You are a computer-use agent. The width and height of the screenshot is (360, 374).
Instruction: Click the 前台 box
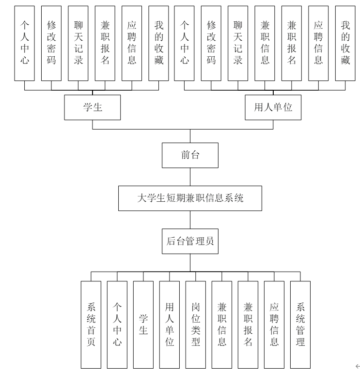190,155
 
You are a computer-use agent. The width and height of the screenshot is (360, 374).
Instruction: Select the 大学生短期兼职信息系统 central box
190,198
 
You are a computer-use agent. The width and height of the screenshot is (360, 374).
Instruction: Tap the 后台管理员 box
190,241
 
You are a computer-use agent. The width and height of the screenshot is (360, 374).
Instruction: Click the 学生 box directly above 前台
93,107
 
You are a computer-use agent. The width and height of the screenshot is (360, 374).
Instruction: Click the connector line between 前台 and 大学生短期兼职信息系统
190,177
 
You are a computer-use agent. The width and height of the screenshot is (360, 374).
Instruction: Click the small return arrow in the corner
357,366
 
